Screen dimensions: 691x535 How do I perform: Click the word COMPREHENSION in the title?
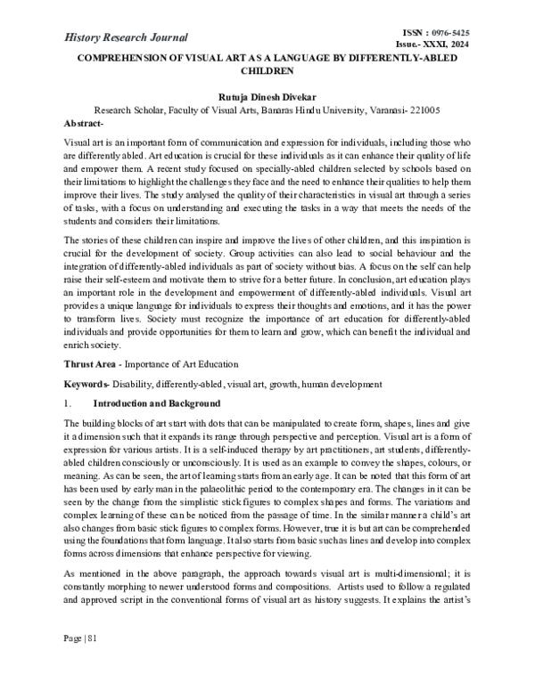[111, 58]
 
